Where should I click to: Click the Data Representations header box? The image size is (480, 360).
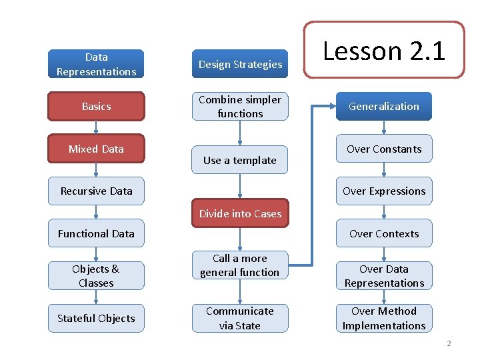(96, 64)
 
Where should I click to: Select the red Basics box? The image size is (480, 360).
(96, 106)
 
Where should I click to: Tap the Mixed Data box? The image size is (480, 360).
(96, 149)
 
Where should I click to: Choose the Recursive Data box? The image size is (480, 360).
(96, 191)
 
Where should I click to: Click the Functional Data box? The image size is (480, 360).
(96, 233)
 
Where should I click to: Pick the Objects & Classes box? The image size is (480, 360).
(96, 275)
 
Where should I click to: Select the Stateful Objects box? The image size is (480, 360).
(96, 318)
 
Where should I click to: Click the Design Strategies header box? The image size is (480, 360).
(240, 64)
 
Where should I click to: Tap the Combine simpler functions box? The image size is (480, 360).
(240, 106)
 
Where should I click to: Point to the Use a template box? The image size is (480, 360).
(240, 160)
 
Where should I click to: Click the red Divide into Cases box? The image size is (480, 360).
(240, 213)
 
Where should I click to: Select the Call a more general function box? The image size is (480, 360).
(240, 265)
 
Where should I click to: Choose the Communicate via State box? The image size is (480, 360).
(240, 318)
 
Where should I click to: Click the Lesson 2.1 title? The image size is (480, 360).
(384, 51)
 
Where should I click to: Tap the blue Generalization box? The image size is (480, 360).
(384, 106)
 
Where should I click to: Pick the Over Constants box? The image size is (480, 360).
(384, 149)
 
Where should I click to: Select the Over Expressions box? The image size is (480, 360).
(384, 191)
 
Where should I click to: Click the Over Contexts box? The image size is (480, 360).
(384, 233)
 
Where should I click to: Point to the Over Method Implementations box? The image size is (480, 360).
(384, 318)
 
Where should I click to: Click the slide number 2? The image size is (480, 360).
(449, 343)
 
